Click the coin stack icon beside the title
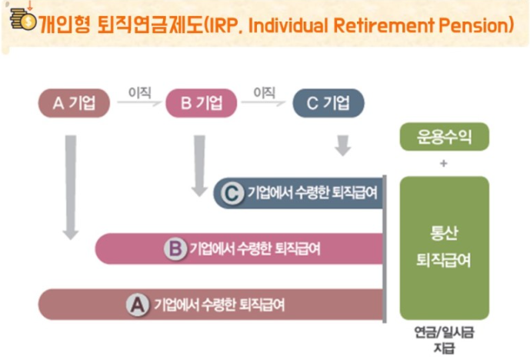pos(23,19)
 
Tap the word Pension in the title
pos(473,25)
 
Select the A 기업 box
pos(74,103)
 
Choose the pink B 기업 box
pos(201,103)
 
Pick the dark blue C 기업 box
pos(328,103)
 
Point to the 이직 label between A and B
pos(139,92)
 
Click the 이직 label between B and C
pos(265,92)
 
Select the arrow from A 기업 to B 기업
pos(139,102)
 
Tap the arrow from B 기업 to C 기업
pos(264,102)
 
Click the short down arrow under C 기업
pos(343,145)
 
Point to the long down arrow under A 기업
pos(71,188)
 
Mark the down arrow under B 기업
pos(199,166)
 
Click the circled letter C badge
pos(232,193)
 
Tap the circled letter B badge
pos(175,248)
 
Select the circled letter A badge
pos(138,305)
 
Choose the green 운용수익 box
pos(445,137)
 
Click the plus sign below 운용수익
pos(444,164)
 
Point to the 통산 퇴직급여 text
pos(444,247)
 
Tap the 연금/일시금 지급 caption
pos(444,340)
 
